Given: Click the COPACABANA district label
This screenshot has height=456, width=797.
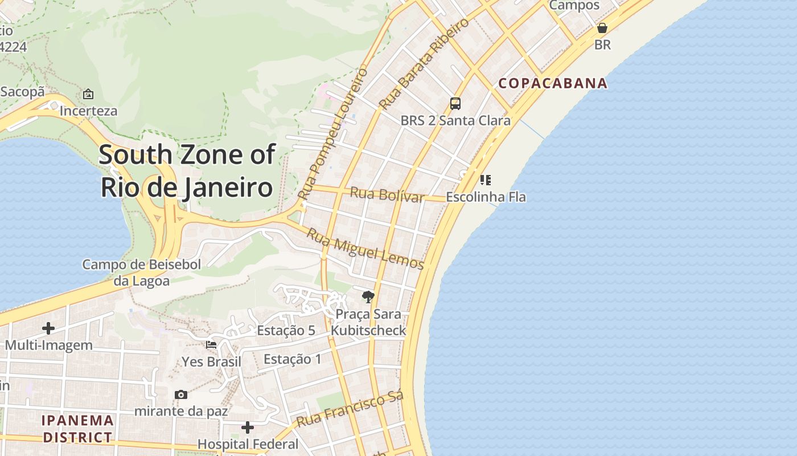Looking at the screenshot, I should point(553,83).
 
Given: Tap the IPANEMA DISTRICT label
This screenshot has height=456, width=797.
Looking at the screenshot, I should point(77,429).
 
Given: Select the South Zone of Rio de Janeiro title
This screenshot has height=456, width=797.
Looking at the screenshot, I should point(187,171).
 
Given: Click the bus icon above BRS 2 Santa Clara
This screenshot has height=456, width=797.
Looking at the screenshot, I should point(455,103).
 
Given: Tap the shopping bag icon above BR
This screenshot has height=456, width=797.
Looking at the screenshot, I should point(602,27).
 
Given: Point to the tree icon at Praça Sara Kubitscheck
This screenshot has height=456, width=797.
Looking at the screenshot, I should point(368,296).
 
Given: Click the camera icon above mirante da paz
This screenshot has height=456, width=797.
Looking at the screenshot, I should point(181,394).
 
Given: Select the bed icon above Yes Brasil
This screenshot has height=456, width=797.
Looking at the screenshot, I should point(211,345).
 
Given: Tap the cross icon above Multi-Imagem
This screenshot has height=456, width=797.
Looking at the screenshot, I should point(48,328).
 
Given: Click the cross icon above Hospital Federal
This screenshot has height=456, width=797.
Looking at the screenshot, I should point(248,427).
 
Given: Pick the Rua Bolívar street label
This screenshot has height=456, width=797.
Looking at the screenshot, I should point(387,194).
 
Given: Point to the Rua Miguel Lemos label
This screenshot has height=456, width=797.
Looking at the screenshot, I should point(365,249).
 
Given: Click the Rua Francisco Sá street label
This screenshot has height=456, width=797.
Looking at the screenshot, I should point(350,409).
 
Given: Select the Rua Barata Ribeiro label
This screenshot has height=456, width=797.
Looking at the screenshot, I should point(424,63).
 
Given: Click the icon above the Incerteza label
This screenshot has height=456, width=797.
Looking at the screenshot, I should point(88,94).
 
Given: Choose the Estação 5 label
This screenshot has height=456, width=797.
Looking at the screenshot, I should point(286,331).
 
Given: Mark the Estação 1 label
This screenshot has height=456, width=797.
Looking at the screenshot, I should point(293,359).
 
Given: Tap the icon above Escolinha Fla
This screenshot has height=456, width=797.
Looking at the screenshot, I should point(485,180).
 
